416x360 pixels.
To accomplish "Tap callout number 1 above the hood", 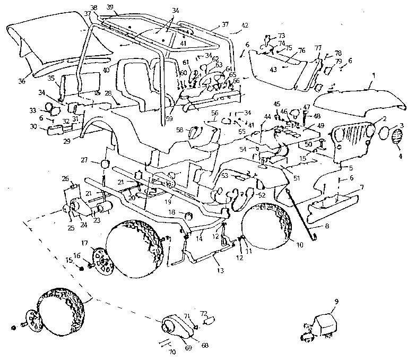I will click(x=374, y=76).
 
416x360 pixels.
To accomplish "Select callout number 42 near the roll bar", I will click(x=245, y=25).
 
